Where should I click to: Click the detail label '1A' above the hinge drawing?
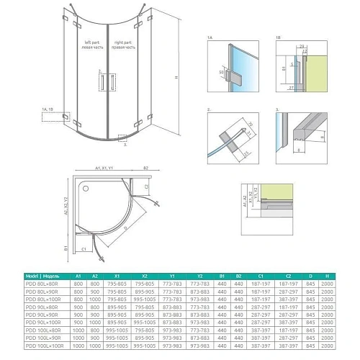[210, 37]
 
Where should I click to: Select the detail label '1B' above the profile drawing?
[278, 37]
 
